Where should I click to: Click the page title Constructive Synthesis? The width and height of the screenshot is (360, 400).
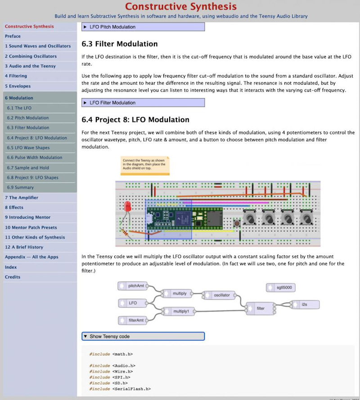pos(180,6)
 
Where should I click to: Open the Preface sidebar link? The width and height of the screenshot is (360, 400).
pos(13,36)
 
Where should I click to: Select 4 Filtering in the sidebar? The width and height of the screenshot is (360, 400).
pos(16,76)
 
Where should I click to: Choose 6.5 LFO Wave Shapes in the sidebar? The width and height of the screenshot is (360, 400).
pos(28,148)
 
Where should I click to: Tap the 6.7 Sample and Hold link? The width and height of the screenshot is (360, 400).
pos(28,167)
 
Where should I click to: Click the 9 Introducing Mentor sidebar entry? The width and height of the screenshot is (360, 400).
pos(28,217)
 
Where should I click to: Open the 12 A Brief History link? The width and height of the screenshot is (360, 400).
pos(24,247)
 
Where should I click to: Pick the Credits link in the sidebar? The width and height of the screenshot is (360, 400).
pos(13,277)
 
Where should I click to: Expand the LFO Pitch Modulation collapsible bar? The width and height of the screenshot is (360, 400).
pos(143,27)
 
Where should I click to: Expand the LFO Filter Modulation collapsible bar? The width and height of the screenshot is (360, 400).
pos(143,103)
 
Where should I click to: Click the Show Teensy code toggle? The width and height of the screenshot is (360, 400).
pos(143,336)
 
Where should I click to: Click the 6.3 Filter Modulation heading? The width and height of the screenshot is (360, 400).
pos(120,44)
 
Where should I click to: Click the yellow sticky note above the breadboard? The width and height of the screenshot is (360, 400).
pos(145,165)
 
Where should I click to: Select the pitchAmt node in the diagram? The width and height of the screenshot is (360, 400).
pos(135,286)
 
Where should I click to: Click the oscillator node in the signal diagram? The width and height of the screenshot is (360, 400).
pos(219,295)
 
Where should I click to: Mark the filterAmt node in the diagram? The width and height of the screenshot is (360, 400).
pos(135,320)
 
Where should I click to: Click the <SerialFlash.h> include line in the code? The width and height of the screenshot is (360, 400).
pos(120,389)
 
